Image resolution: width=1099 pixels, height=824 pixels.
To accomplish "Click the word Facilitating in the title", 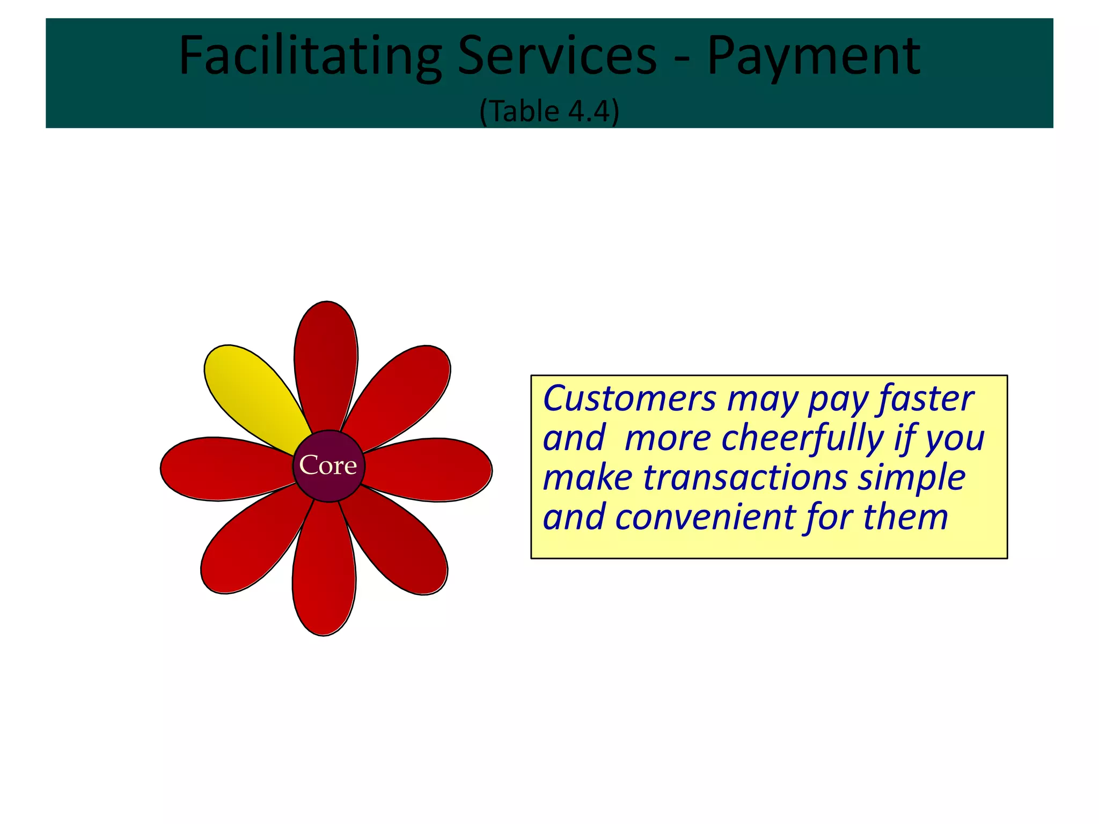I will (x=310, y=56).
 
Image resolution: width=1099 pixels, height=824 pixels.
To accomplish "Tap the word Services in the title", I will (x=556, y=56).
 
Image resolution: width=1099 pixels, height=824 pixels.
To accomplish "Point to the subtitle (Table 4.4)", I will (x=549, y=112).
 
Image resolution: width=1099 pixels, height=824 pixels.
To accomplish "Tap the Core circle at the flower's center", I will (x=328, y=466).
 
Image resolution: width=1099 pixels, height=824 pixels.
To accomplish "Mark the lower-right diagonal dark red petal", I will (x=400, y=542).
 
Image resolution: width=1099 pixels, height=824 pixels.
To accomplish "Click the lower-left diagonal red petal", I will (x=250, y=542).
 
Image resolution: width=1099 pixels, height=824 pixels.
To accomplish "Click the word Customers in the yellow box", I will (x=629, y=399).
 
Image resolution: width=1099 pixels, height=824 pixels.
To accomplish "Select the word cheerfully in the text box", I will (x=802, y=439).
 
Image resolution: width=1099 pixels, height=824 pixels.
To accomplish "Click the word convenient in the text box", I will (x=704, y=517).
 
